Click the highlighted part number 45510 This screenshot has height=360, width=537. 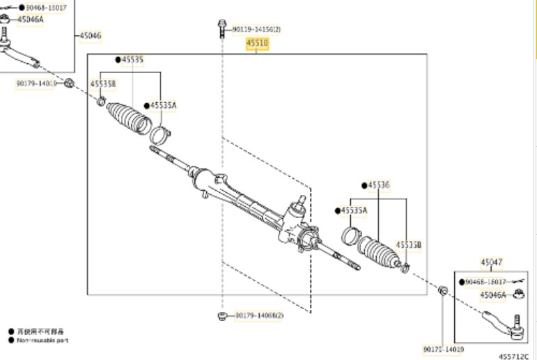coord(256,43)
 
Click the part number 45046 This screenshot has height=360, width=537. coord(90,35)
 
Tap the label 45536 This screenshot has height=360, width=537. coord(379,185)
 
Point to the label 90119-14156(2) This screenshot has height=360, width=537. coord(256,30)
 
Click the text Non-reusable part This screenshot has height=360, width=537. coord(43,340)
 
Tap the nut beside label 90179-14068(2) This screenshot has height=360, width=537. coord(222,315)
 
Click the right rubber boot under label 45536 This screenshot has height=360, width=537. coord(380,253)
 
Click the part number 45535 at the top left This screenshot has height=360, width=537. coord(132,60)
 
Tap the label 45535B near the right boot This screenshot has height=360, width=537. coord(409,244)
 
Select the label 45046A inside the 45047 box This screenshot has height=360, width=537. coord(493,295)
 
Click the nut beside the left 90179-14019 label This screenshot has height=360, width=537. coord(70,84)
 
